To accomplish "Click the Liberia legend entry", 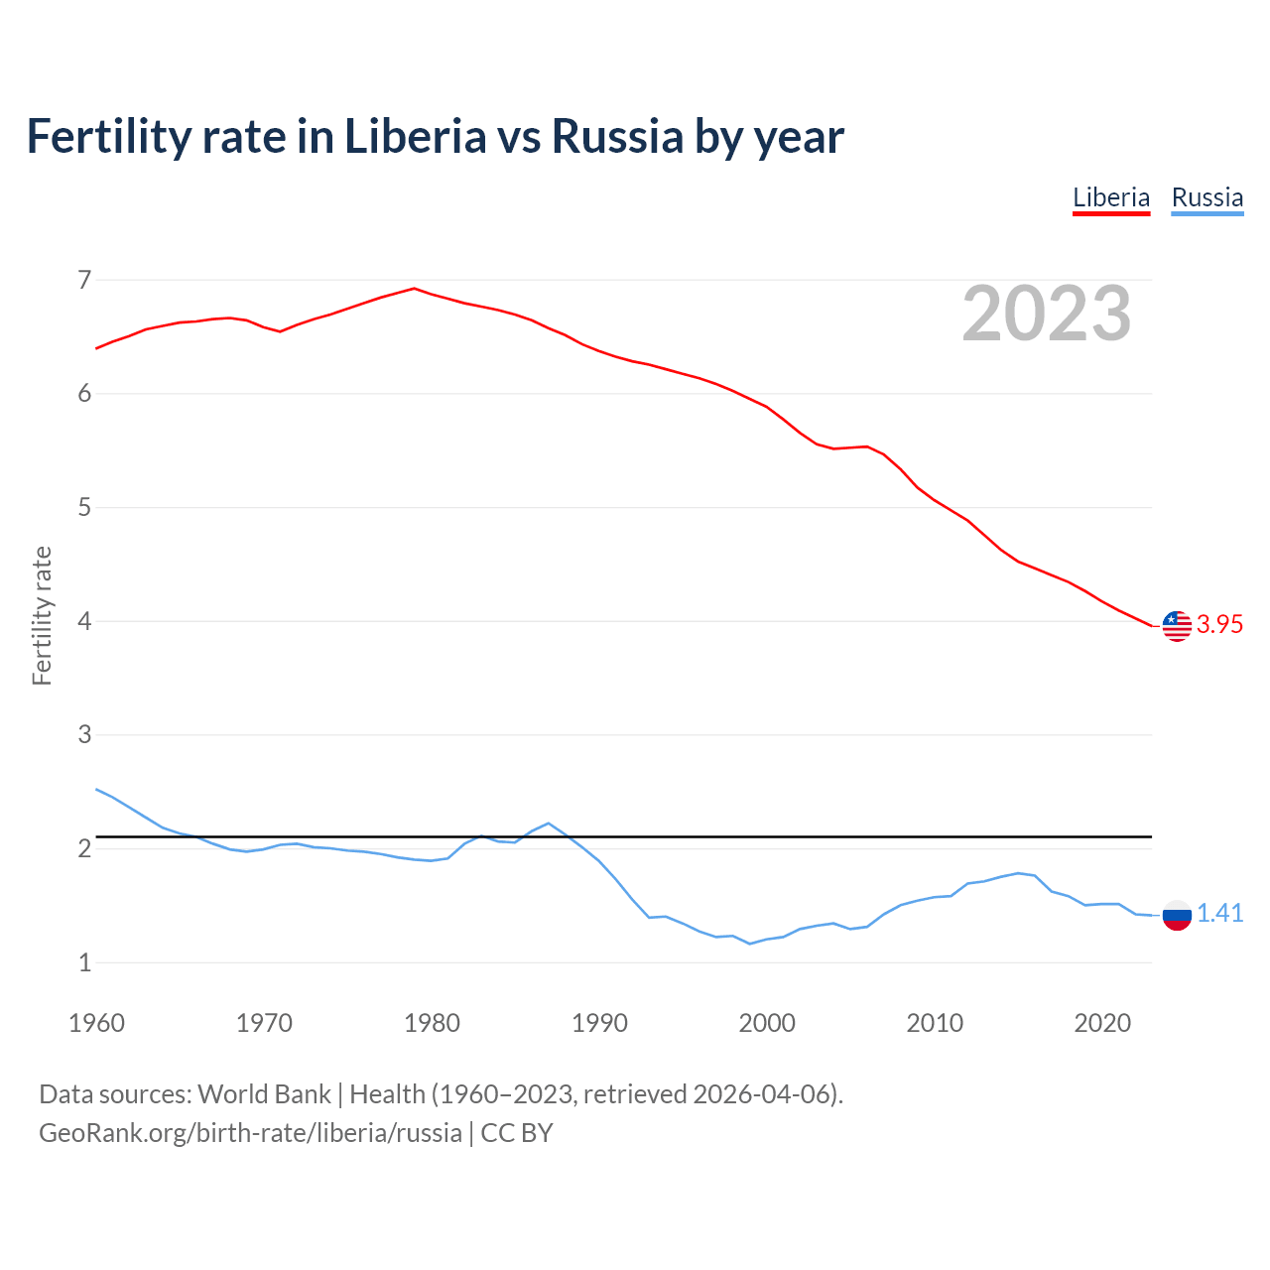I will tap(1110, 197).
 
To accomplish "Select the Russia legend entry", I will tap(1206, 197).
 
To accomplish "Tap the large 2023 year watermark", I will tap(1047, 314).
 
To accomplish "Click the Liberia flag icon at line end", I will tap(1177, 626).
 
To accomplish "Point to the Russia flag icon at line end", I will tap(1177, 915).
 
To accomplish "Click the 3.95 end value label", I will tap(1219, 624).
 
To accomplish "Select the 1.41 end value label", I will tap(1219, 914).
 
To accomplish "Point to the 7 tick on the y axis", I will tap(84, 280).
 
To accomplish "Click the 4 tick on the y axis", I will tap(84, 621).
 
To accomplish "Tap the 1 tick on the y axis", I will tap(84, 962).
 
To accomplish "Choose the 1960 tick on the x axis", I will tap(96, 1023).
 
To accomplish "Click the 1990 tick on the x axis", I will tap(599, 1023).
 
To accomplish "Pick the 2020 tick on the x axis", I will tap(1102, 1023).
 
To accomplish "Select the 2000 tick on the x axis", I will tap(767, 1023).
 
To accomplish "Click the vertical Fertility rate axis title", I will tap(42, 615).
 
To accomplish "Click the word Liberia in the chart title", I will tap(415, 137).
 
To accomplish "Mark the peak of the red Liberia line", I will tap(414, 289).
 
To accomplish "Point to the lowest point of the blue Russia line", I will tap(750, 944).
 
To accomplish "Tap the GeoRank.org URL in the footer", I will tap(250, 1133).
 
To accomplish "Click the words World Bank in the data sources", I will tap(264, 1094).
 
